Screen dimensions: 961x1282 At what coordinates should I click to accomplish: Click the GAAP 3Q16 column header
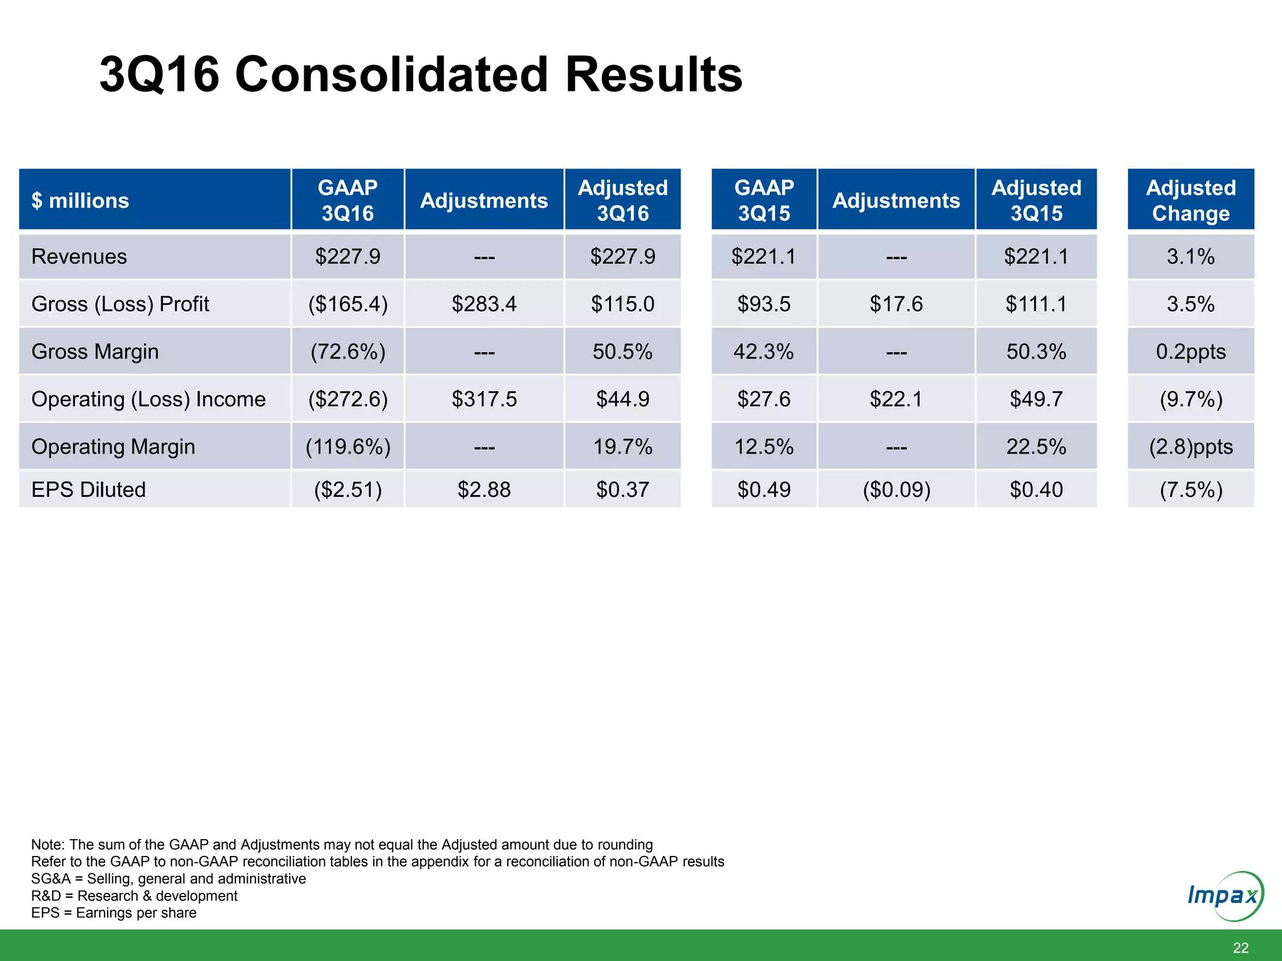pyautogui.click(x=347, y=200)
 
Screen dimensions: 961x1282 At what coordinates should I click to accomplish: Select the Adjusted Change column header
pyautogui.click(x=1190, y=200)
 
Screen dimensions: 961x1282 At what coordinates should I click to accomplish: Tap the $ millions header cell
pyautogui.click(x=80, y=200)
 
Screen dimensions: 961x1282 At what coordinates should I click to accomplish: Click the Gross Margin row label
pyautogui.click(x=95, y=352)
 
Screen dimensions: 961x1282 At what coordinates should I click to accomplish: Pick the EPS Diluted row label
pyautogui.click(x=88, y=489)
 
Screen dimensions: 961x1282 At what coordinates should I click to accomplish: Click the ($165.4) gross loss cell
pyautogui.click(x=347, y=304)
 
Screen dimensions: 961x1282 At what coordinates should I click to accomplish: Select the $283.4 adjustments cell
pyautogui.click(x=484, y=304)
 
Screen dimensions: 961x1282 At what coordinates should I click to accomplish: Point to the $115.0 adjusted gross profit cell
pyautogui.click(x=622, y=304)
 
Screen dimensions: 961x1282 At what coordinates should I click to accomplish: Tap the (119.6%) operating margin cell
pyautogui.click(x=347, y=447)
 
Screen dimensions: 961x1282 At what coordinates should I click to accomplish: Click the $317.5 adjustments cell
pyautogui.click(x=484, y=399)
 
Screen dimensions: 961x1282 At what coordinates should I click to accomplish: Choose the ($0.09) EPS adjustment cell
pyautogui.click(x=896, y=489)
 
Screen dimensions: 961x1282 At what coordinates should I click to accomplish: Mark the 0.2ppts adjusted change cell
pyautogui.click(x=1190, y=352)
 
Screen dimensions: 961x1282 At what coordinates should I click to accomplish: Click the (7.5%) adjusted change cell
pyautogui.click(x=1190, y=489)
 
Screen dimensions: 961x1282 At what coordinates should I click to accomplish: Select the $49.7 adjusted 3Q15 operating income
pyautogui.click(x=1036, y=399)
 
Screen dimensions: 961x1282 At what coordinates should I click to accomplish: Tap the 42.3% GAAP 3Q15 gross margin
pyautogui.click(x=763, y=352)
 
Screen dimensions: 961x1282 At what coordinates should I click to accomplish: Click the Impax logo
pyautogui.click(x=1224, y=896)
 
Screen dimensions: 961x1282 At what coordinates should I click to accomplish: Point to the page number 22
pyautogui.click(x=1240, y=948)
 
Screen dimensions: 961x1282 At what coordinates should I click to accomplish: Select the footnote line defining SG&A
pyautogui.click(x=168, y=878)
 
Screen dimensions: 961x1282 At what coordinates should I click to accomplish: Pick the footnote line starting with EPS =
pyautogui.click(x=113, y=913)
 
